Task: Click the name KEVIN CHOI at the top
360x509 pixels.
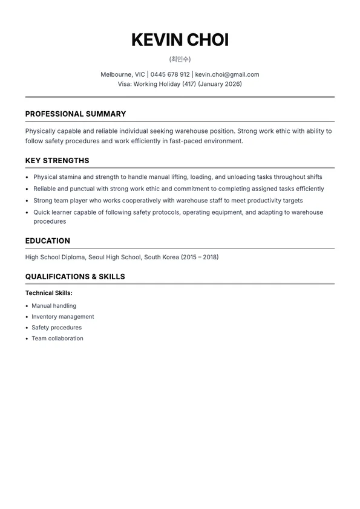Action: (x=180, y=40)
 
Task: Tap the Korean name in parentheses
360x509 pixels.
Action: (x=180, y=59)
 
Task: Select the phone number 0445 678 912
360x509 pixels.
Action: (x=170, y=74)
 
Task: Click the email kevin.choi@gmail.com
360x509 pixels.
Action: (x=227, y=74)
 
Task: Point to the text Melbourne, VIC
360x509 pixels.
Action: (x=123, y=74)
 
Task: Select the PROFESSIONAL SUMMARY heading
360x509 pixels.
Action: (x=76, y=114)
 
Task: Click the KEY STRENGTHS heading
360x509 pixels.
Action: (x=57, y=161)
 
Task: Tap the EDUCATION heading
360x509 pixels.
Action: (x=48, y=241)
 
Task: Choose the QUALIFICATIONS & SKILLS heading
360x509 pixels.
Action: (x=75, y=276)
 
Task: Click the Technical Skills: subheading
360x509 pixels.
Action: (x=49, y=293)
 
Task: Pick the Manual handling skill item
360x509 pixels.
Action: (x=54, y=306)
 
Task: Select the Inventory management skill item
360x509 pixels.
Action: (x=63, y=317)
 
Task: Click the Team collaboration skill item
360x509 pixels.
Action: (x=57, y=339)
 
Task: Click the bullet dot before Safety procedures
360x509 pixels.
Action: (x=27, y=328)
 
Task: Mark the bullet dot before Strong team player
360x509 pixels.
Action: (x=28, y=201)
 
